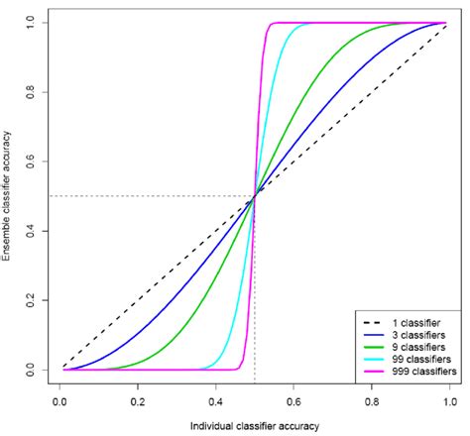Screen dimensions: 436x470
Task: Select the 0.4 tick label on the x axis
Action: (216, 402)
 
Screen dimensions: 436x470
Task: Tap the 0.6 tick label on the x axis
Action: (294, 402)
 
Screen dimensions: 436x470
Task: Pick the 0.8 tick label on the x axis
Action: (373, 402)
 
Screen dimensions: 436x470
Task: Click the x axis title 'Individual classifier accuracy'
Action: (255, 425)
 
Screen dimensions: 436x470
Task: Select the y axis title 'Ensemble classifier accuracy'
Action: (8, 195)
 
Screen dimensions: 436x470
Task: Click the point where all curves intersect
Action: (255, 196)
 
